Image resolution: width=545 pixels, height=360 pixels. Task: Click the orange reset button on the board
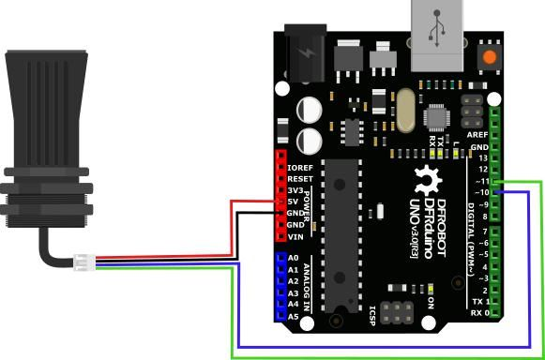point(488,58)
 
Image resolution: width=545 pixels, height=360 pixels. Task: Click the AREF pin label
point(477,134)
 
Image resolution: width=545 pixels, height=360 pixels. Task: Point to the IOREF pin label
point(300,167)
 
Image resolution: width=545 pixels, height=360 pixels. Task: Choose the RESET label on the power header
point(300,178)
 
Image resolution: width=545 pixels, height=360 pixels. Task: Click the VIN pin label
point(295,236)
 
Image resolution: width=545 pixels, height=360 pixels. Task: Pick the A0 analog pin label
point(293,257)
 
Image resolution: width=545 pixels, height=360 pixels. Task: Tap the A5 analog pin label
point(293,316)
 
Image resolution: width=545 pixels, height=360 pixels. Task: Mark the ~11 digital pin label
point(482,180)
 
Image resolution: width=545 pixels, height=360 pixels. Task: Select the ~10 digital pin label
point(482,192)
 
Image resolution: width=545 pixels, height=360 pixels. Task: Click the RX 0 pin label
point(479,312)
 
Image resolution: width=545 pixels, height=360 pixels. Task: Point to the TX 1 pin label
point(479,301)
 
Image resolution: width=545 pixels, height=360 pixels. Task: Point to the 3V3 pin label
point(296,189)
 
